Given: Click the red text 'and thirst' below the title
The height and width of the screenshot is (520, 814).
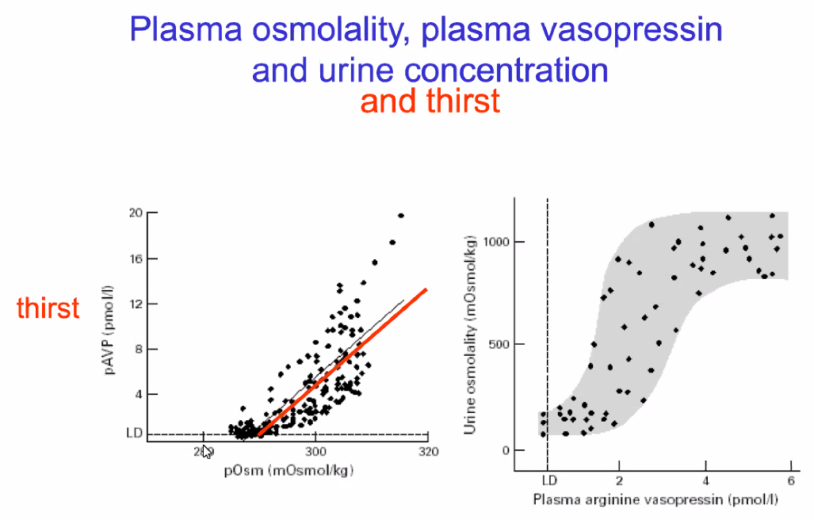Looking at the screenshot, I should [430, 101].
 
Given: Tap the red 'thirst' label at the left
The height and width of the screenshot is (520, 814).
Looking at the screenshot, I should [48, 308].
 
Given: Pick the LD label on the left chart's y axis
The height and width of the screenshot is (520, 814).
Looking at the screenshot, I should [134, 434].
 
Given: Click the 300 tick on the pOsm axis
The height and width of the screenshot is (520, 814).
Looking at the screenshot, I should [315, 452].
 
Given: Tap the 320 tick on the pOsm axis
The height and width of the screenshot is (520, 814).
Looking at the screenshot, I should [427, 452].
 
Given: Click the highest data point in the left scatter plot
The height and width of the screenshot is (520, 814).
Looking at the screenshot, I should [401, 216].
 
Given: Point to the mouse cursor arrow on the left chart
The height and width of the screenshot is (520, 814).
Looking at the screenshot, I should [206, 451].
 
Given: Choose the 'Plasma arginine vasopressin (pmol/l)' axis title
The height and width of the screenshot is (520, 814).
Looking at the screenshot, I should [655, 500].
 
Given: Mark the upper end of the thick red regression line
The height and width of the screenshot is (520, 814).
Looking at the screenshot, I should [426, 289].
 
